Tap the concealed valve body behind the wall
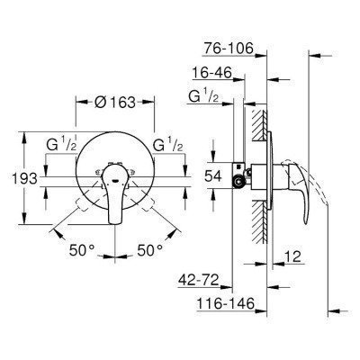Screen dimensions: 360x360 point(245,171)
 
